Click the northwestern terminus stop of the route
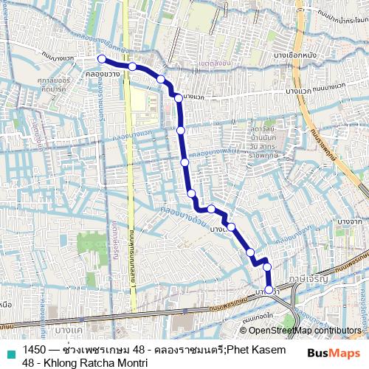[101, 60]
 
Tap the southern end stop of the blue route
[269, 289]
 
